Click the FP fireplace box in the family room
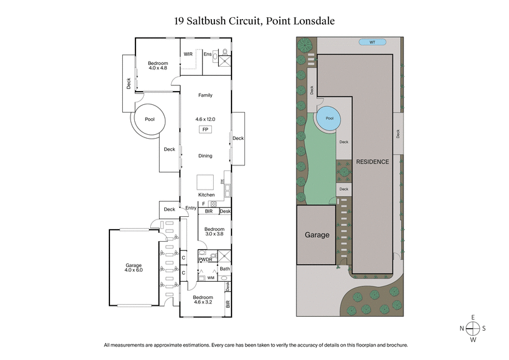pyautogui.click(x=205, y=130)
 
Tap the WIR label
pyautogui.click(x=188, y=55)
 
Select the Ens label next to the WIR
pyautogui.click(x=207, y=55)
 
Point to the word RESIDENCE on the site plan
pyautogui.click(x=372, y=162)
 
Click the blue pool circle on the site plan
pyautogui.click(x=329, y=119)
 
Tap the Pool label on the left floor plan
pyautogui.click(x=150, y=119)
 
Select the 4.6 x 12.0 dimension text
pyautogui.click(x=206, y=119)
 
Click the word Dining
pyautogui.click(x=205, y=156)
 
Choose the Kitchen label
pyautogui.click(x=206, y=195)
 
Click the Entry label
pyautogui.click(x=191, y=208)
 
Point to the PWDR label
pyautogui.click(x=206, y=260)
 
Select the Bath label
pyautogui.click(x=225, y=269)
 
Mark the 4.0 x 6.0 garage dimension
pyautogui.click(x=133, y=272)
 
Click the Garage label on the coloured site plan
pyautogui.click(x=316, y=235)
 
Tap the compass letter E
pyautogui.click(x=473, y=317)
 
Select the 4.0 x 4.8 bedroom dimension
pyautogui.click(x=158, y=69)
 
